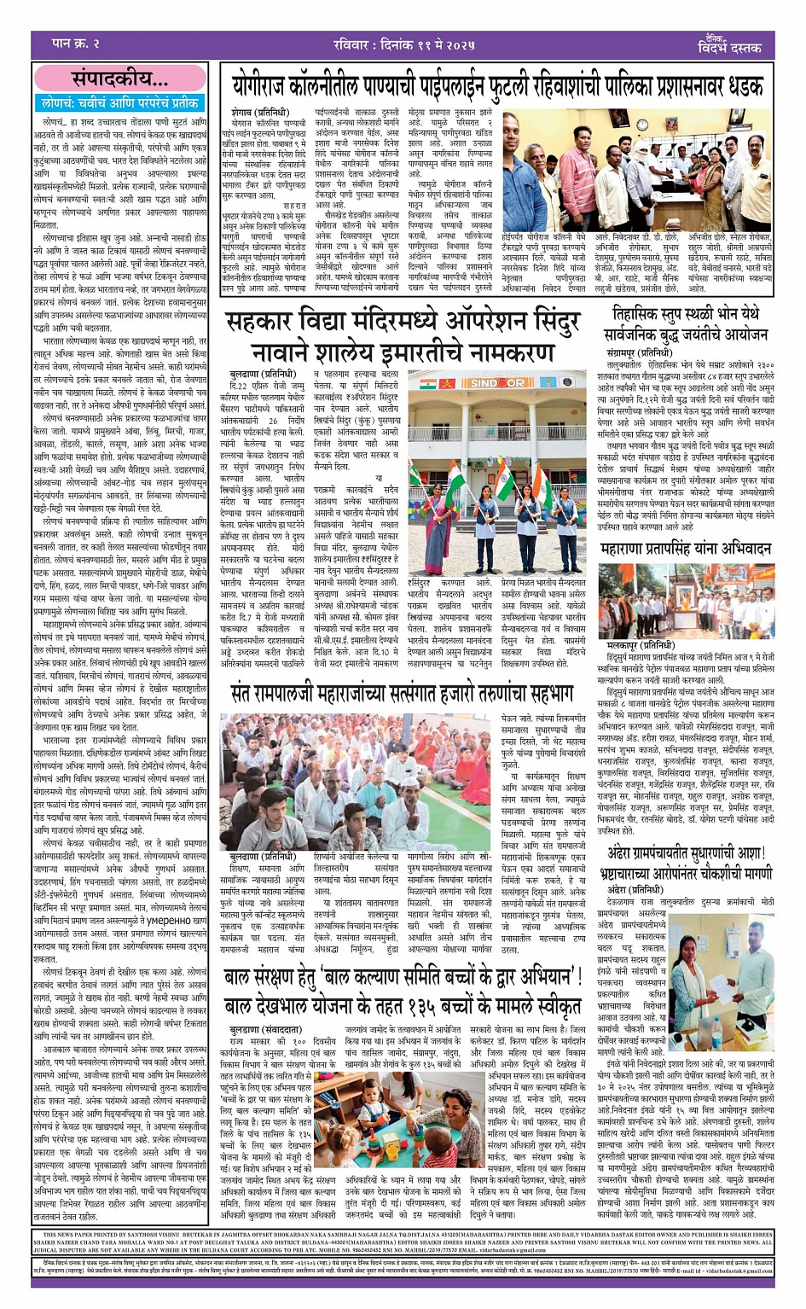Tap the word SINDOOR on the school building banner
tap(498, 383)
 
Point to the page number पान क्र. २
tap(76, 43)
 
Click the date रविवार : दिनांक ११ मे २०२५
tap(403, 44)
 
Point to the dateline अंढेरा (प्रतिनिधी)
tap(633, 890)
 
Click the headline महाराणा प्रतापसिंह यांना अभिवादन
tap(686, 550)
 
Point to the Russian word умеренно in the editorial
tap(167, 919)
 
